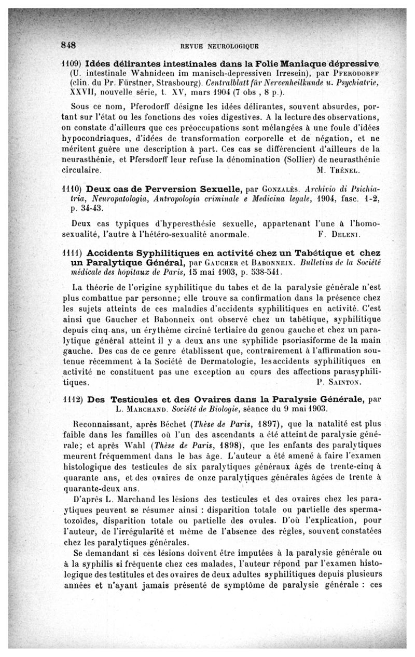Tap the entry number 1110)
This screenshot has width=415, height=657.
(71, 189)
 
